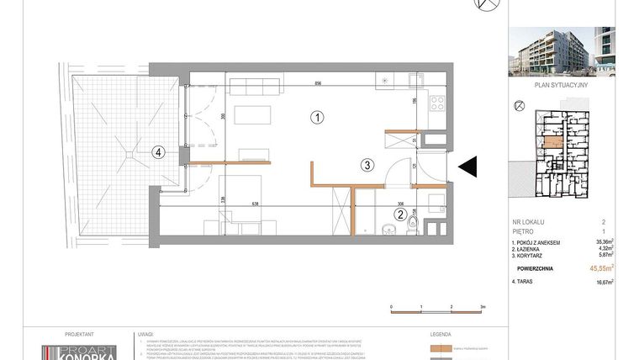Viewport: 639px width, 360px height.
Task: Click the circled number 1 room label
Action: pos(316,118)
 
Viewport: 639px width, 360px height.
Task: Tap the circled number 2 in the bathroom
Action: pos(401,214)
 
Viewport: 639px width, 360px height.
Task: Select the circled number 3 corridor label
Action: pos(367,165)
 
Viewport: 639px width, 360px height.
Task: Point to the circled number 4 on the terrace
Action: pos(157,152)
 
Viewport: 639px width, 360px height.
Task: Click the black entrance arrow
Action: pos(467,167)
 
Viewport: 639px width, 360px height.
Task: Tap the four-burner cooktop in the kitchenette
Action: pos(436,105)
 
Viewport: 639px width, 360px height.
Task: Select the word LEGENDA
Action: pos(441,333)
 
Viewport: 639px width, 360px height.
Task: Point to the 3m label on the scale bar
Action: pos(483,308)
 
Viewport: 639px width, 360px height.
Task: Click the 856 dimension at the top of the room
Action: pos(319,83)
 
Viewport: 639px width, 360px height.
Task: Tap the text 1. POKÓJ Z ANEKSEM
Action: pos(539,241)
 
